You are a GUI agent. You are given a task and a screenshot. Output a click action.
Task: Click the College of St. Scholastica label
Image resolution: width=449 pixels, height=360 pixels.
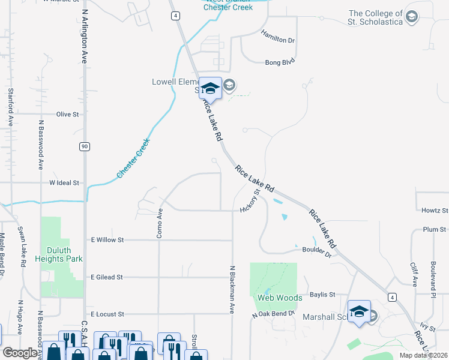(376, 18)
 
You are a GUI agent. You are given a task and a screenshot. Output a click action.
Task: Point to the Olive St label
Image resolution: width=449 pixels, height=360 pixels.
(67, 114)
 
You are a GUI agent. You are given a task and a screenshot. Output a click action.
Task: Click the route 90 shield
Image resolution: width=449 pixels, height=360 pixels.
(85, 146)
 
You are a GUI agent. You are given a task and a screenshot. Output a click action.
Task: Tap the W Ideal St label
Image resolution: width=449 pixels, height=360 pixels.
(64, 182)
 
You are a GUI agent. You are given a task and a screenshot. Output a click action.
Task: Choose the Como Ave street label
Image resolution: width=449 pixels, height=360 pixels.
(160, 223)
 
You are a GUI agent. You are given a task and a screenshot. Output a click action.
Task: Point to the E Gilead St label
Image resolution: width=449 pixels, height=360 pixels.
(106, 277)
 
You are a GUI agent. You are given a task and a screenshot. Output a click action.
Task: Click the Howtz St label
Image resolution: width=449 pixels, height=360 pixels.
(434, 211)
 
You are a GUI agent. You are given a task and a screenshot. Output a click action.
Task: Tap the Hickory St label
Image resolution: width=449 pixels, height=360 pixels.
(249, 201)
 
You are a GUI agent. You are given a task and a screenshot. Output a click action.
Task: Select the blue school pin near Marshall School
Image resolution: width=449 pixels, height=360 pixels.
(359, 311)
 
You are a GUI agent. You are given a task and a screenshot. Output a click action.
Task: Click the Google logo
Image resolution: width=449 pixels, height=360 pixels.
(20, 353)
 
